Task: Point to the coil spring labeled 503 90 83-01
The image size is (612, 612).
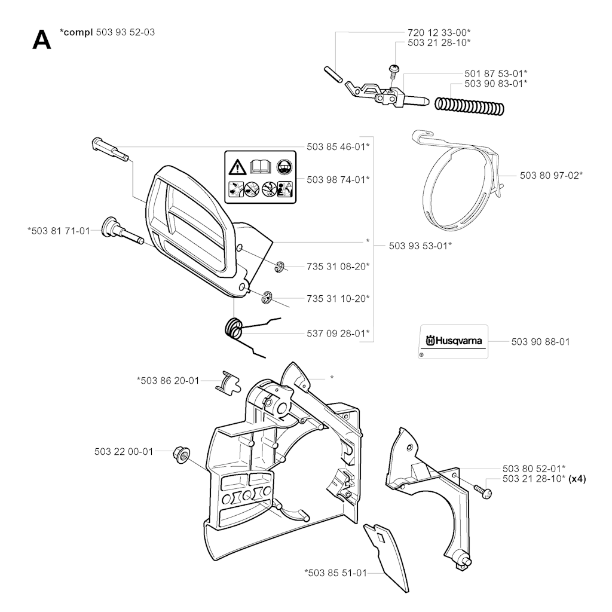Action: pos(470,105)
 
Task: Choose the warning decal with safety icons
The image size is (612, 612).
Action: pos(260,175)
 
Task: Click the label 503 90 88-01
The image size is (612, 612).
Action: pos(540,342)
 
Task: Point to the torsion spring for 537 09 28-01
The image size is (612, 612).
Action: pos(236,330)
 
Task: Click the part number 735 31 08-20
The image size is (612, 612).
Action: pos(338,265)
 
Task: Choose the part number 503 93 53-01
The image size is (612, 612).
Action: pos(420,244)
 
